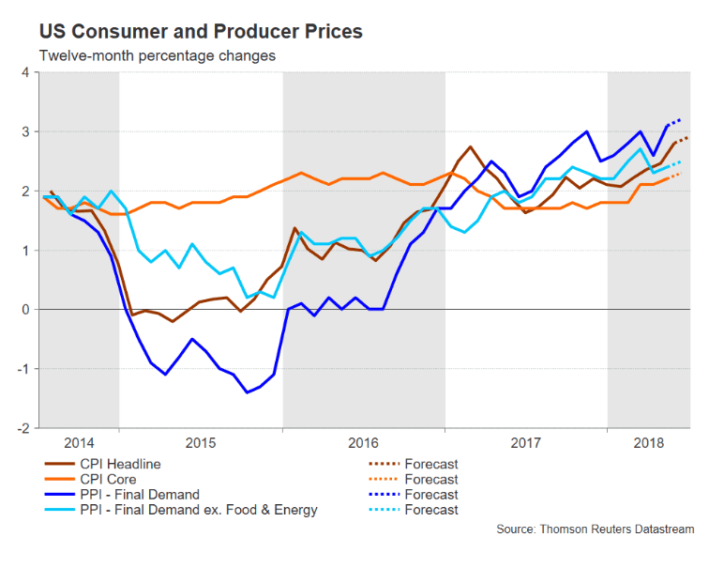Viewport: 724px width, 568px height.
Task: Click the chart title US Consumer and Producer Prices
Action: coord(201,31)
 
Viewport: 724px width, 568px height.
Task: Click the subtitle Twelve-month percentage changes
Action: coord(157,56)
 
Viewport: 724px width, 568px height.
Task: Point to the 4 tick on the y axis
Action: coord(26,72)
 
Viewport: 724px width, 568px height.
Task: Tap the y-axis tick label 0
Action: coord(26,309)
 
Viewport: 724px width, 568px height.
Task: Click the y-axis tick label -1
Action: coord(24,368)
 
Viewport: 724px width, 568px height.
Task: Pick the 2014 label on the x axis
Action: coord(79,440)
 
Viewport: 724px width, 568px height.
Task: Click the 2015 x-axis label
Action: coord(201,440)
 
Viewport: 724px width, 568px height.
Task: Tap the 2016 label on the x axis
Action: coord(364,440)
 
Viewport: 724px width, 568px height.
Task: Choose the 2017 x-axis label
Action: coord(526,440)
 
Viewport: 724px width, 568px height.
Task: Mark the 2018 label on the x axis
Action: coord(649,440)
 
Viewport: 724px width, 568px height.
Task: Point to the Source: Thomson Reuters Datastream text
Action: coord(596,530)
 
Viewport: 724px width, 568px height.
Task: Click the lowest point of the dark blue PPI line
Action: coord(247,392)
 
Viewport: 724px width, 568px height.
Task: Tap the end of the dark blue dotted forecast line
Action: coord(680,119)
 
